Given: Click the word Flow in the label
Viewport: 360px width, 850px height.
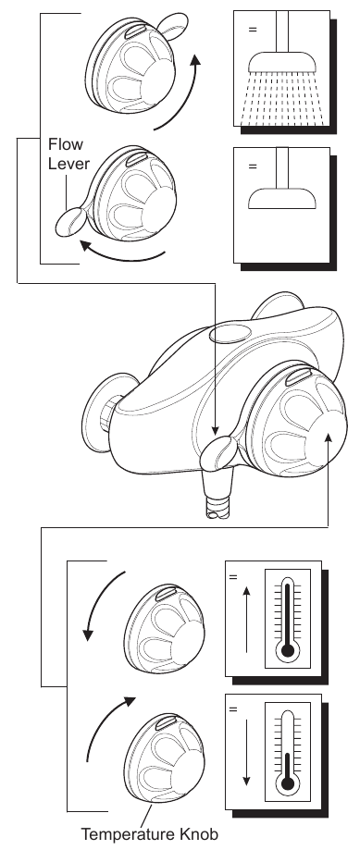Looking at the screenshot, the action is (66, 144).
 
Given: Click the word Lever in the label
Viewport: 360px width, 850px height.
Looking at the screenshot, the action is (68, 165).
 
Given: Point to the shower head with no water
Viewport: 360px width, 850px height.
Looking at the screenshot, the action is (282, 199).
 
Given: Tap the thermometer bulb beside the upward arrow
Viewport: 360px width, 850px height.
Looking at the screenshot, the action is (287, 650).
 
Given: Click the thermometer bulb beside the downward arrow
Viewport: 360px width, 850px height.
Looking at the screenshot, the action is (287, 782).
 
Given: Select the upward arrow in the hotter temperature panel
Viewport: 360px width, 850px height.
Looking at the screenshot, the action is (247, 620).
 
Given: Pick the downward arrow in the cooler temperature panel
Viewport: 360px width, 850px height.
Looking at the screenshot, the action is (247, 753).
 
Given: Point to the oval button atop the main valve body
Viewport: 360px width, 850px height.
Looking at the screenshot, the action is (230, 333).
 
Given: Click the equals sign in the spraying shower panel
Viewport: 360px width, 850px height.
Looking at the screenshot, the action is (253, 30).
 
